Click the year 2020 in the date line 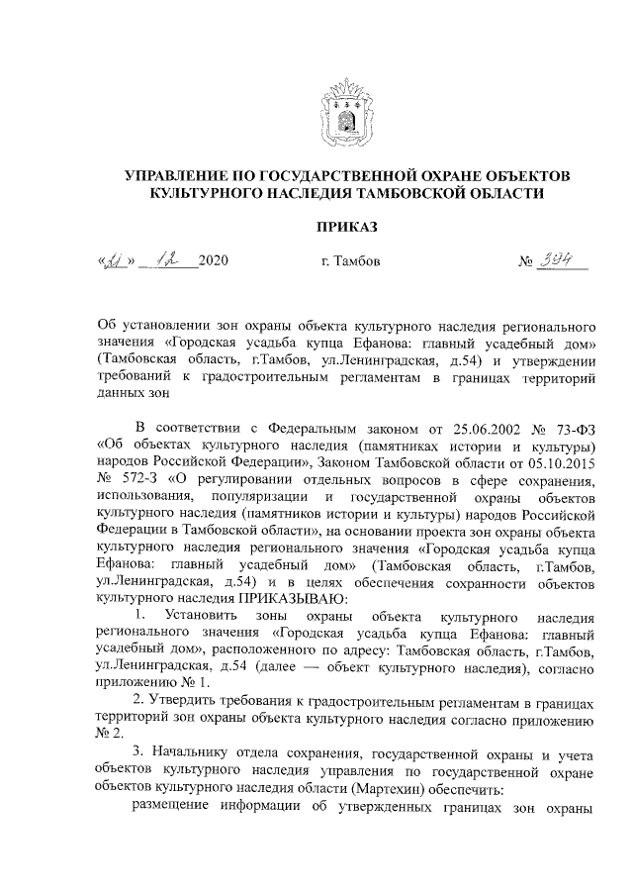(x=213, y=262)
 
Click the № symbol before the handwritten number (x=526, y=262)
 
